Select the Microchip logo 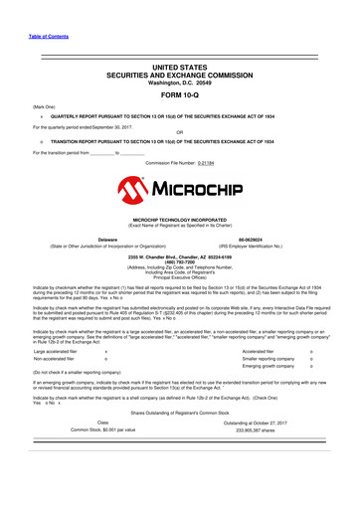point(180,186)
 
